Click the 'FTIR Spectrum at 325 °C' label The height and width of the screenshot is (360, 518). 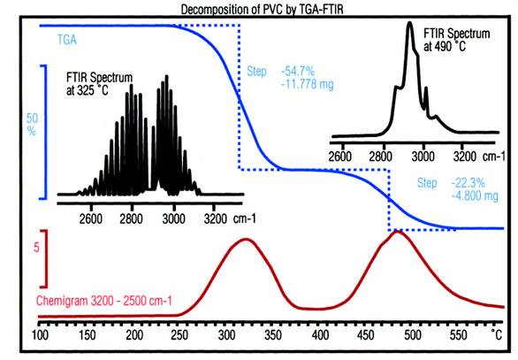click(x=99, y=84)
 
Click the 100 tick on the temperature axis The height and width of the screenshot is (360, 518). click(x=40, y=337)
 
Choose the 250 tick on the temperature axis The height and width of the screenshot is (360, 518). click(x=182, y=337)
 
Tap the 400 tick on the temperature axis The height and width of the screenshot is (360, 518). click(x=324, y=337)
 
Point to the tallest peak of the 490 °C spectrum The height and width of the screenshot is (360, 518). click(x=409, y=24)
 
